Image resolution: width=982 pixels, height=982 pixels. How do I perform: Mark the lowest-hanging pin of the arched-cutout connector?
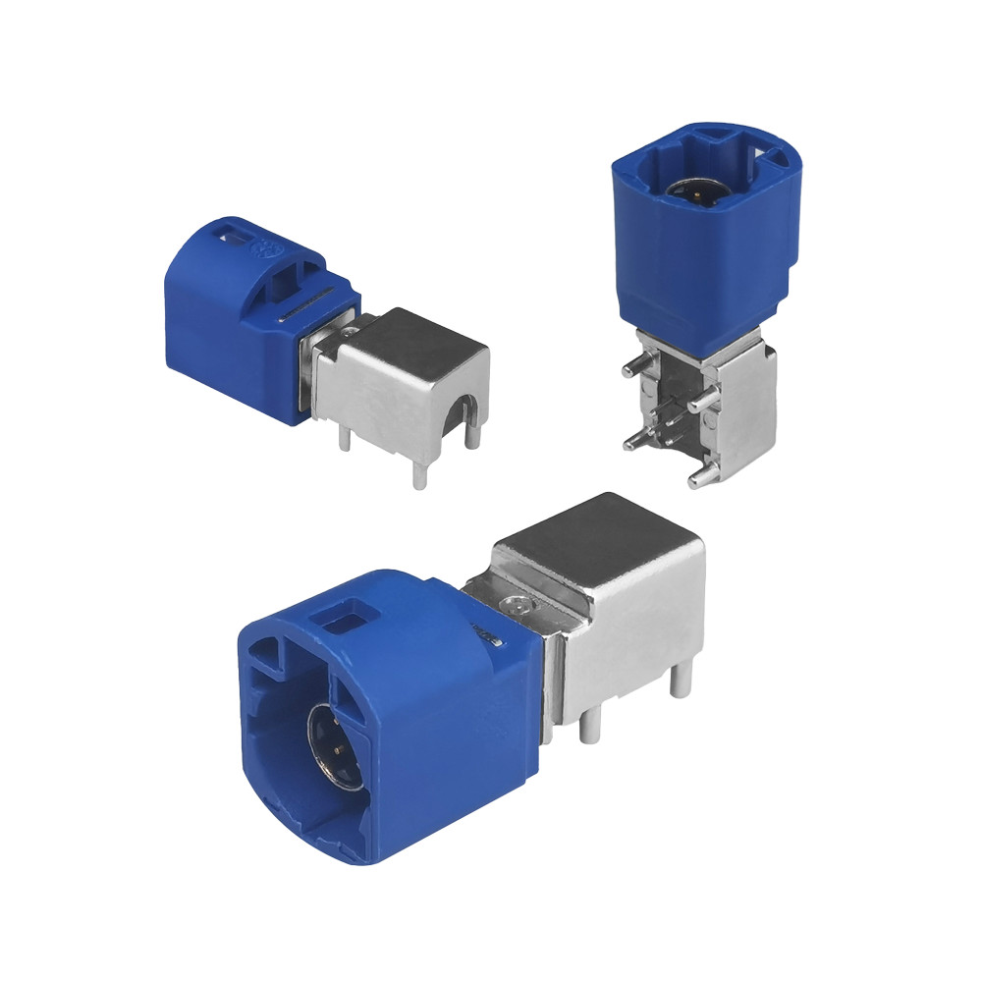(x=419, y=474)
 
